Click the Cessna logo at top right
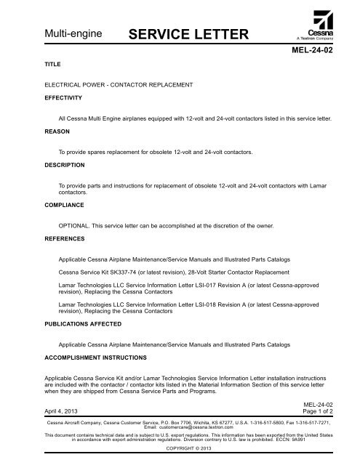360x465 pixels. click(317, 25)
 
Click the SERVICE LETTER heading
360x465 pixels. click(190, 33)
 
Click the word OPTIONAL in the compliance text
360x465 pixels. click(74, 227)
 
